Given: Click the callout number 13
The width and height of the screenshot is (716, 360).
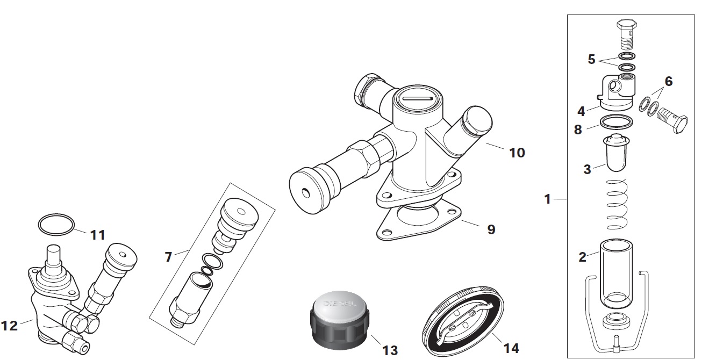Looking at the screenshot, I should (390, 350).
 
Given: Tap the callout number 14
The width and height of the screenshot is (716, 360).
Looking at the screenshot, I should (511, 348).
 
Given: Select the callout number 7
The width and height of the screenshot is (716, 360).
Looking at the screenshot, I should (168, 257).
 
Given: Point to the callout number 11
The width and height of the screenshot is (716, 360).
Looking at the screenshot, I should (97, 235).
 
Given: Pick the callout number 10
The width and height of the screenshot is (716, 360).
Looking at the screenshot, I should (517, 153).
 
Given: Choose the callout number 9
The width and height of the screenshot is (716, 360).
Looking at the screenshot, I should (491, 229).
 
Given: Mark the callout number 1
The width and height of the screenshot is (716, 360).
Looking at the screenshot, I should (547, 199).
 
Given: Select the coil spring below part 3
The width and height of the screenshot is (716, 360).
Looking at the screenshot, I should (618, 205).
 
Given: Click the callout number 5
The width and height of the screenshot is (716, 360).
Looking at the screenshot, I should (591, 60).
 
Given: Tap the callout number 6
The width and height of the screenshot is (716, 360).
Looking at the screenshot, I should (668, 82).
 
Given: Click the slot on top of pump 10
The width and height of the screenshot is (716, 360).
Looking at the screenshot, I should (417, 98).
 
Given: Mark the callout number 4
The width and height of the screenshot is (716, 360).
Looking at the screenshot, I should (582, 112).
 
